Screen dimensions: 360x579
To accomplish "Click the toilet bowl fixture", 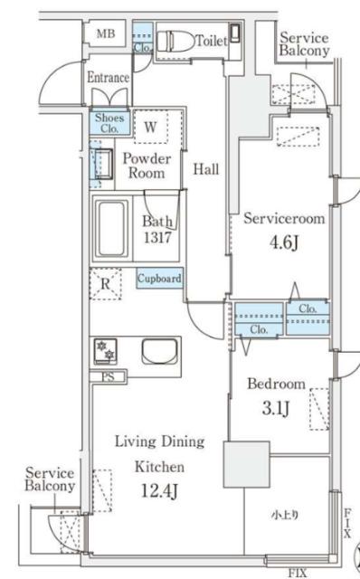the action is (175, 41).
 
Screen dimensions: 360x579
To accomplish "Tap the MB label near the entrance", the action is (106, 34).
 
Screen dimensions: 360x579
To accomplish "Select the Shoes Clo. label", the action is (109, 123).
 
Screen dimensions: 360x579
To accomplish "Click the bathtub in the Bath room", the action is (111, 229).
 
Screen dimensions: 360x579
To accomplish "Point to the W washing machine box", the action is (150, 127).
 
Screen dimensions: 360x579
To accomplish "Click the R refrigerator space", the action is (106, 283).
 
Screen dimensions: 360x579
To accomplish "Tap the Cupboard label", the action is (159, 278).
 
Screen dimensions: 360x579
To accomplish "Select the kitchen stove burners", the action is (105, 350).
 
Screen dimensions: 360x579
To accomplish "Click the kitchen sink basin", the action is (159, 351).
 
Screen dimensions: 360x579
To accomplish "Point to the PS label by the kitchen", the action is (108, 377).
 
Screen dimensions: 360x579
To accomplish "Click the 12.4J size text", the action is (159, 490).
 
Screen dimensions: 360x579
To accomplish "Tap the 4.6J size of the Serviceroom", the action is (284, 242).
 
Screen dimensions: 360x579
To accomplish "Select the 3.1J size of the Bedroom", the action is (276, 408).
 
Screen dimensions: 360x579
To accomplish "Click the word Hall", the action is (206, 169).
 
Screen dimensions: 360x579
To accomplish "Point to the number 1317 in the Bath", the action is (157, 237).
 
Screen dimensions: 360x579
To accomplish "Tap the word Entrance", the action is (109, 78).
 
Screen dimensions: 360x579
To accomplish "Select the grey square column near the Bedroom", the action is (246, 464).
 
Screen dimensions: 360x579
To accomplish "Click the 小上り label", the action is (285, 515).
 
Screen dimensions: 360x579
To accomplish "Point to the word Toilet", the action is (211, 41).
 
